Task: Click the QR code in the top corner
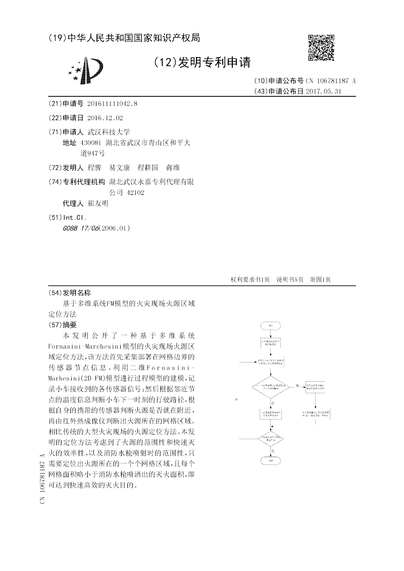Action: coord(321,47)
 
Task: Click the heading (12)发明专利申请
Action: coord(201,62)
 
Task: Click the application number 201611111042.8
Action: coord(112,103)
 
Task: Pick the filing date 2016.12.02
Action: coord(105,118)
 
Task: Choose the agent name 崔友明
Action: coord(98,203)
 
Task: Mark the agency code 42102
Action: coord(136,192)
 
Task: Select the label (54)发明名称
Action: coord(70,293)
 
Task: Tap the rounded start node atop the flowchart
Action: coord(271,325)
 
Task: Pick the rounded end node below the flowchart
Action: coord(271,461)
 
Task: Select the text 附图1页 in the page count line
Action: coord(320,280)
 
